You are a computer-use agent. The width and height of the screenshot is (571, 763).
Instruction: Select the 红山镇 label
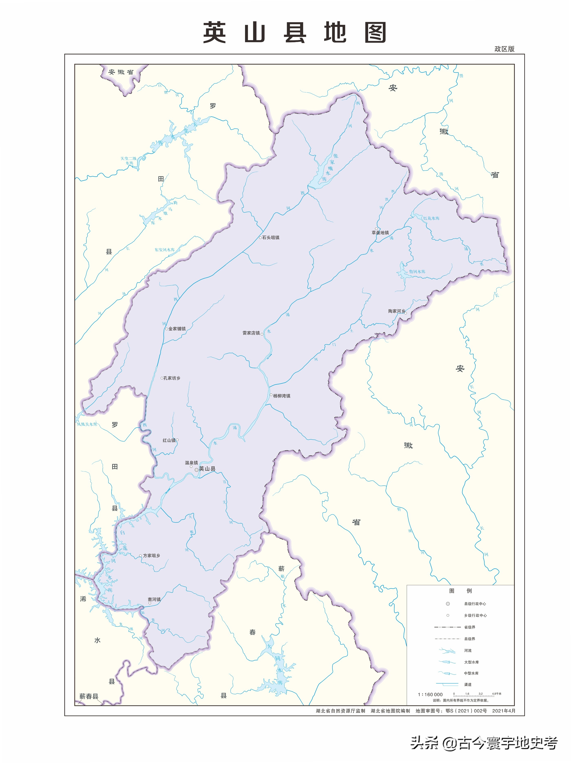169,440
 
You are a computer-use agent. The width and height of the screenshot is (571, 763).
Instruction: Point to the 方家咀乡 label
151,556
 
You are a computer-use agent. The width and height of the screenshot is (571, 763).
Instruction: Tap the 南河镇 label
154,599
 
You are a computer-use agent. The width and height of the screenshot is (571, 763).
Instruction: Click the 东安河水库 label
165,250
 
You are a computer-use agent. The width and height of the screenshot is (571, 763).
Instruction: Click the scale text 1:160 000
430,694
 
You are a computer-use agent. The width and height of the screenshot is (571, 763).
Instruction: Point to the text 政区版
504,49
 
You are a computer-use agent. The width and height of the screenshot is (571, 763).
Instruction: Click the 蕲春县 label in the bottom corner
89,697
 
